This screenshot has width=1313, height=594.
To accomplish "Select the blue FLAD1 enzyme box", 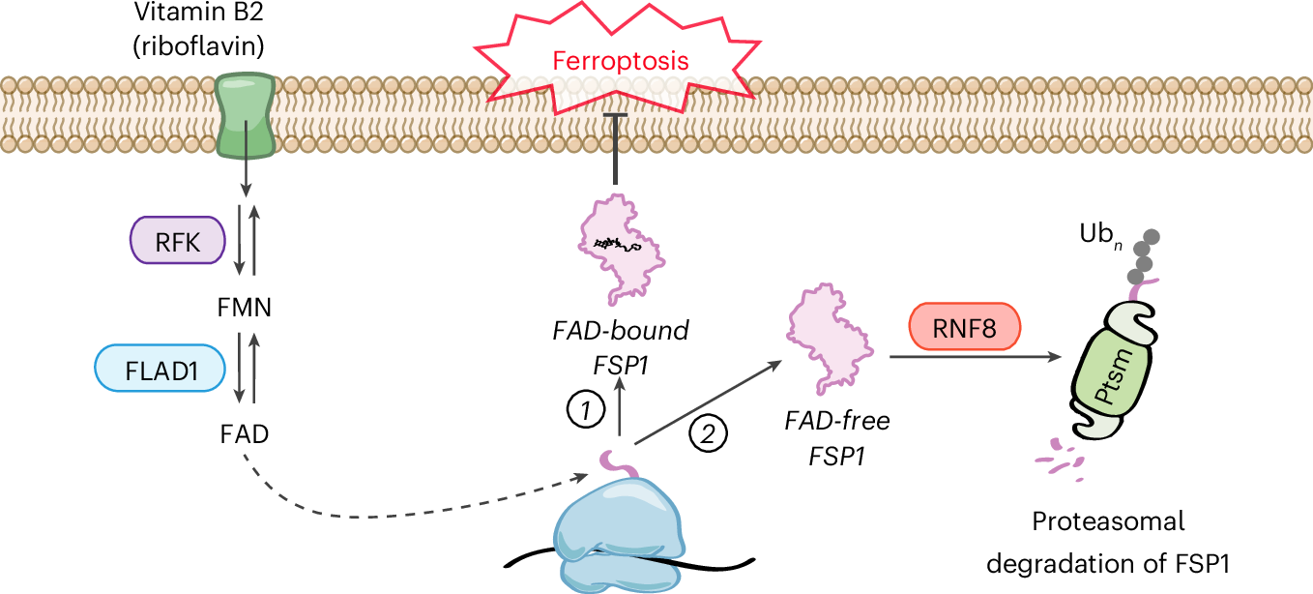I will (160, 370).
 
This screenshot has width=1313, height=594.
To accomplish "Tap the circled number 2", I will (707, 431).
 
